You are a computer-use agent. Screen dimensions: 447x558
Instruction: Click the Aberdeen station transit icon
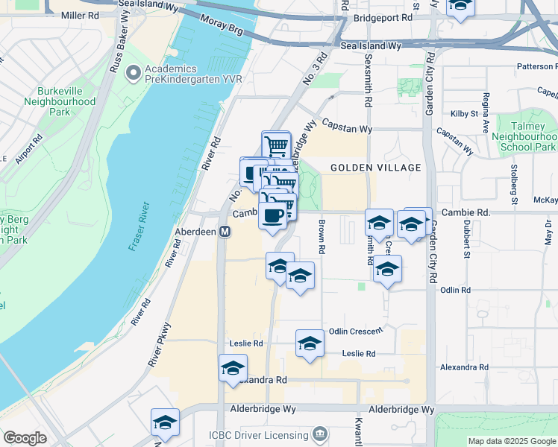[225, 232]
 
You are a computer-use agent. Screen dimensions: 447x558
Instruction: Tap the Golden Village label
[376, 168]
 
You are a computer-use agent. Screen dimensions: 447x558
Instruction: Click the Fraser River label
[139, 226]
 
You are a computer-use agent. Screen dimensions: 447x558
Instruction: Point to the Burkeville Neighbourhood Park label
[60, 101]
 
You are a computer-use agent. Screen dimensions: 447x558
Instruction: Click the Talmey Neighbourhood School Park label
[527, 136]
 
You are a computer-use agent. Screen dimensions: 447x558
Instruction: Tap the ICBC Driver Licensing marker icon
[320, 434]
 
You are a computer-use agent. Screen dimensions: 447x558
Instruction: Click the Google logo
[25, 438]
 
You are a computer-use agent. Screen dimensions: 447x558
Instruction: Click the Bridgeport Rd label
[383, 17]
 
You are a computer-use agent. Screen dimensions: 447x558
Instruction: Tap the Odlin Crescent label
[356, 331]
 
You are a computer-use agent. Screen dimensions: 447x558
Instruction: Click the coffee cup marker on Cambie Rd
[272, 215]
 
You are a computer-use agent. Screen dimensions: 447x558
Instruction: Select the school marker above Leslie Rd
[310, 343]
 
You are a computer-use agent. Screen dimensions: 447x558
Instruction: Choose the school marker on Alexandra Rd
[233, 368]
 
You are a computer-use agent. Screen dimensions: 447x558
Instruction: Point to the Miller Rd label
[80, 15]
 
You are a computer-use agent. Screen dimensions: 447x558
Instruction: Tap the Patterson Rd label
[536, 66]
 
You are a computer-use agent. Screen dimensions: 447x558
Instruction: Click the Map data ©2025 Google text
[511, 441]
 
